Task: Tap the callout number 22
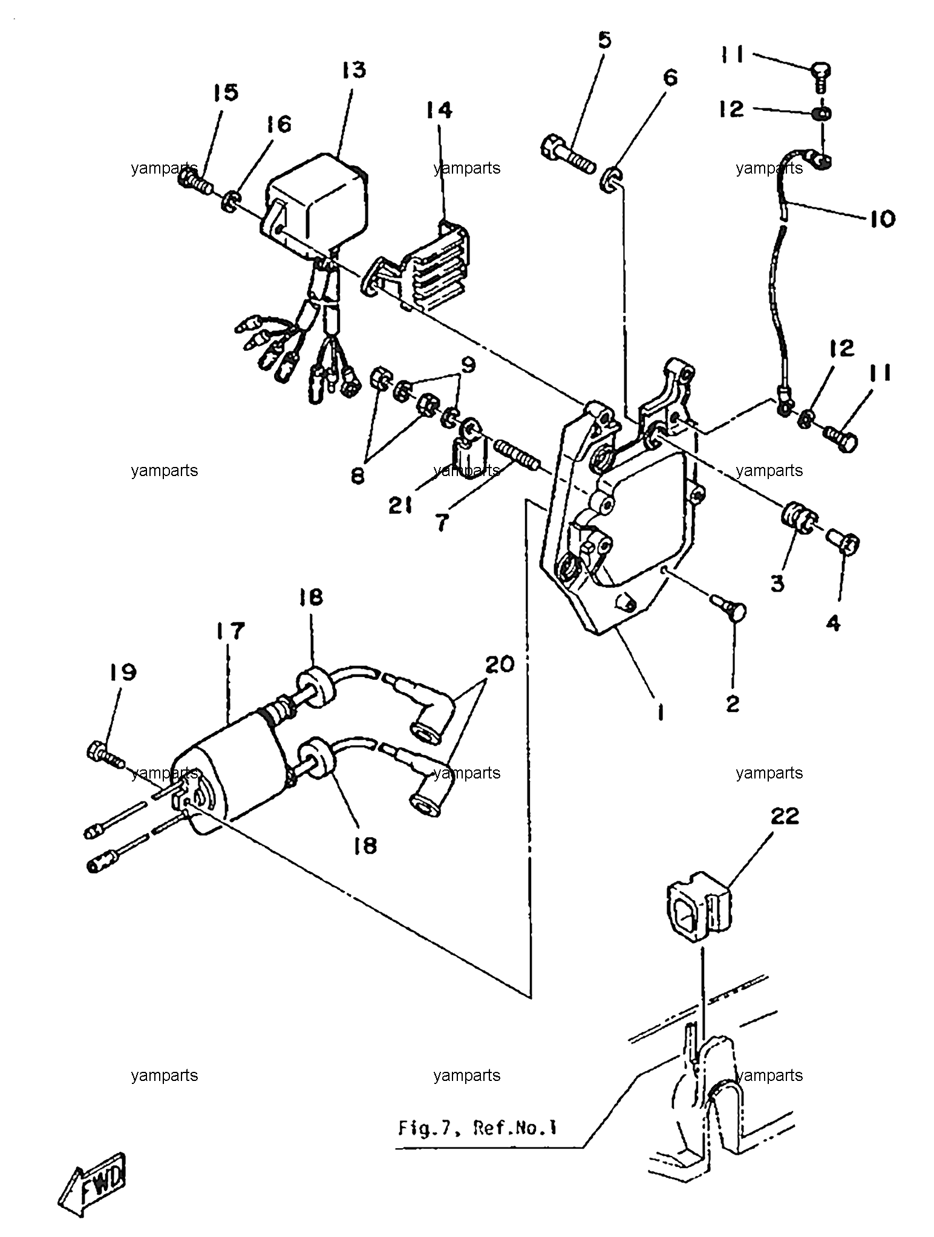click(x=785, y=816)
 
